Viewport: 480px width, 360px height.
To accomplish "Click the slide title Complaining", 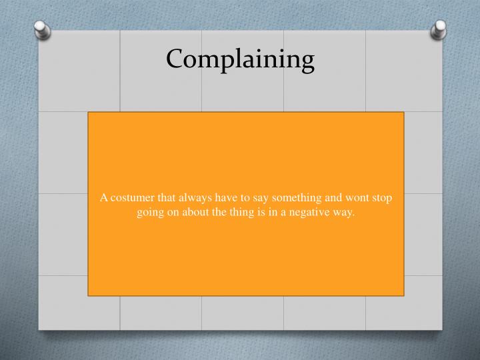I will [240, 60].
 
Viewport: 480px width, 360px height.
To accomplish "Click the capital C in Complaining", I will [175, 59].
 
